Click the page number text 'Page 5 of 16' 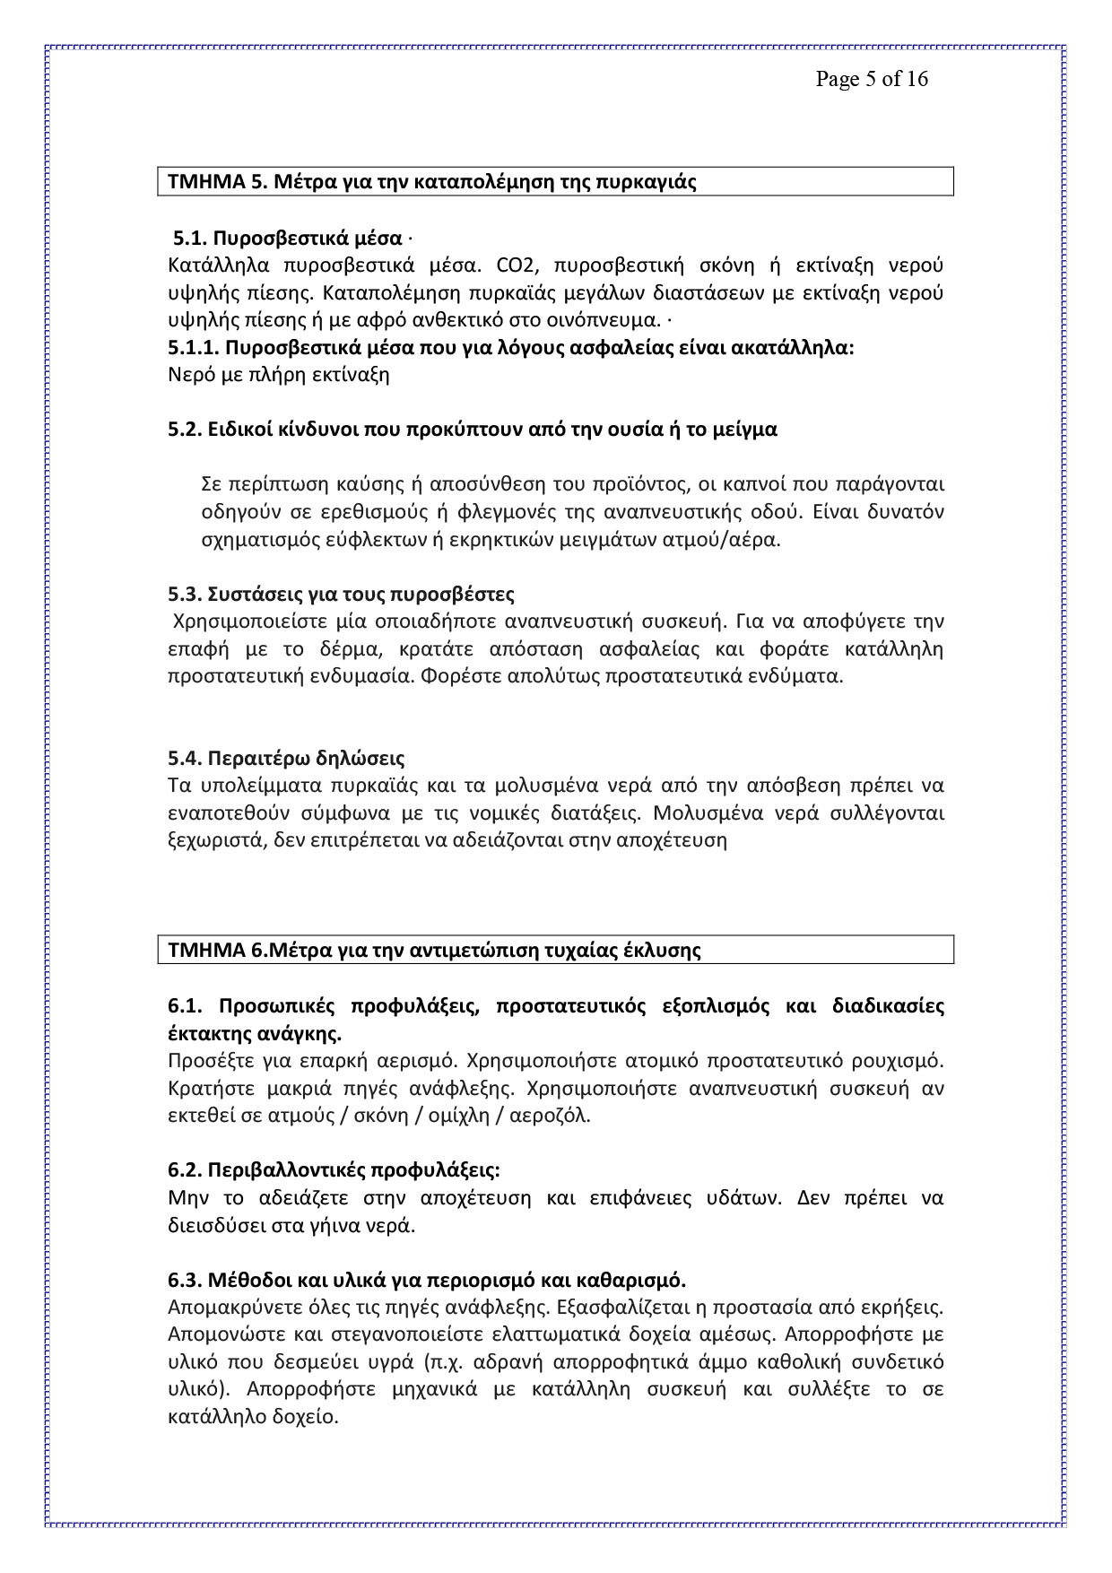point(871,79)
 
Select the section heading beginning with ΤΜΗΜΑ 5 point(432,182)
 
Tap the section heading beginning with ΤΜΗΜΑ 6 point(434,950)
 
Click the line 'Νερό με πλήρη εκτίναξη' point(278,375)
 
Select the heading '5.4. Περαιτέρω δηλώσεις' point(286,760)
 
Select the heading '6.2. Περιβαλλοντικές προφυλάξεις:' point(334,1170)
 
